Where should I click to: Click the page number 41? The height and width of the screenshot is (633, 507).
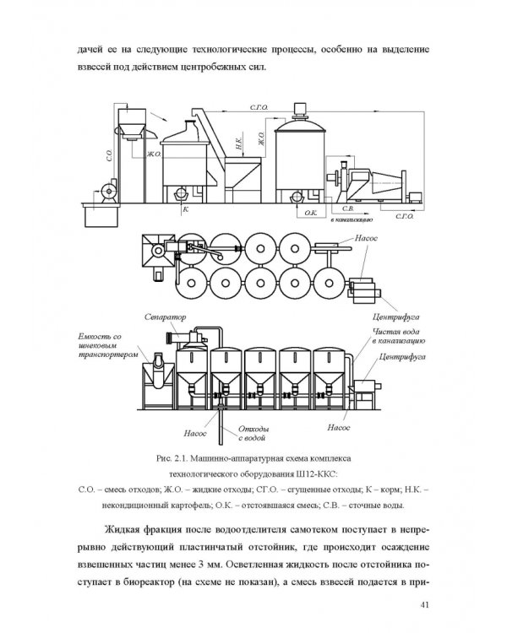tap(424, 604)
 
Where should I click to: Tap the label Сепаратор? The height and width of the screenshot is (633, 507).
tap(166, 317)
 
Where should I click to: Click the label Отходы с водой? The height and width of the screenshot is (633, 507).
tap(253, 433)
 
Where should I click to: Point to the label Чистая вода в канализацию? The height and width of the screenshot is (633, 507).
tap(398, 336)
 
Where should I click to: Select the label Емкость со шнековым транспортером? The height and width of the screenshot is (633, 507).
tap(108, 345)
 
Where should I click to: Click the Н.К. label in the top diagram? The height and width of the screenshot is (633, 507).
tap(239, 143)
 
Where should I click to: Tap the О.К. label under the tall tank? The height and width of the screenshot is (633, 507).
tap(310, 213)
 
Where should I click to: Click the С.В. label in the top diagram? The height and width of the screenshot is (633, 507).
tap(347, 208)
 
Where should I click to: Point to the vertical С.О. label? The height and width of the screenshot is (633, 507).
tap(109, 155)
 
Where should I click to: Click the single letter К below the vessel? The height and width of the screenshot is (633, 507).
tap(186, 209)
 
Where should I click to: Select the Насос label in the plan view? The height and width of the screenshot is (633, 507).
tap(366, 238)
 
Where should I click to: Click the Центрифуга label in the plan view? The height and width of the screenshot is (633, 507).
tap(395, 316)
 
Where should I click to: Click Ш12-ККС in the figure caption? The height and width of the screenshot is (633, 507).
tap(317, 473)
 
